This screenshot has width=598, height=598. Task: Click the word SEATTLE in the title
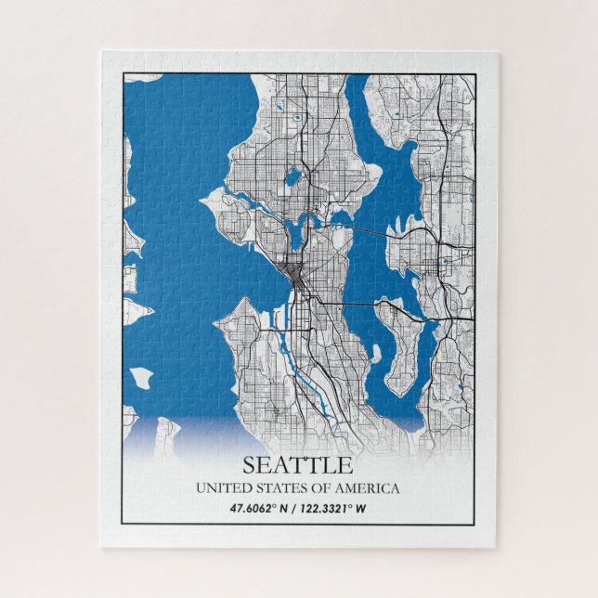click(x=298, y=464)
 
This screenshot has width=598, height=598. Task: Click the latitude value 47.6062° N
click(x=259, y=508)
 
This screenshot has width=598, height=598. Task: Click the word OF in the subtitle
click(x=318, y=487)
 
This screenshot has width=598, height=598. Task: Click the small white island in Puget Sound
click(x=141, y=377)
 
